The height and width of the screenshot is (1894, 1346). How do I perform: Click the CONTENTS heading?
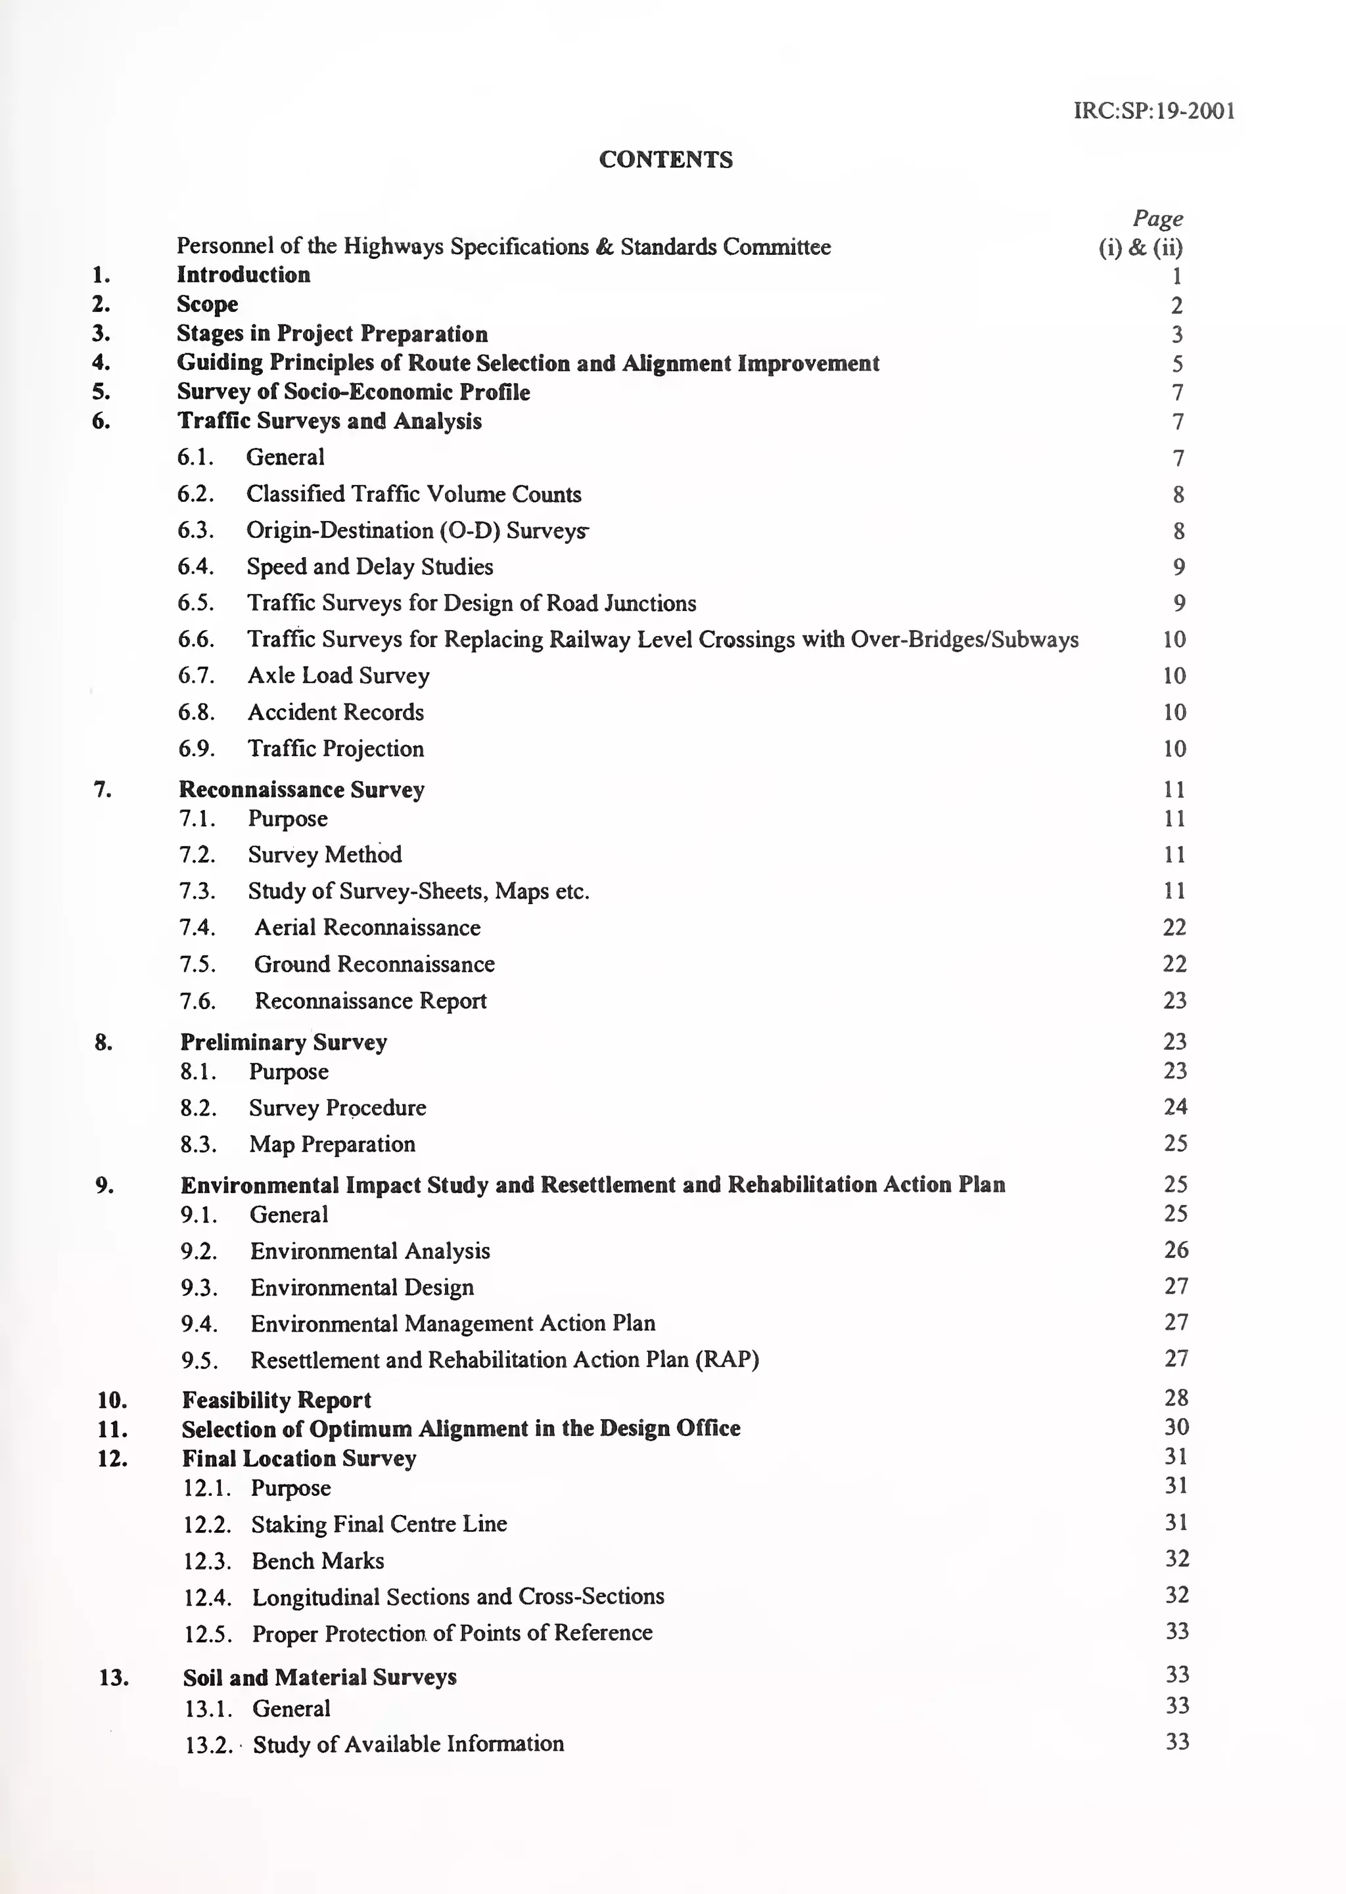point(666,160)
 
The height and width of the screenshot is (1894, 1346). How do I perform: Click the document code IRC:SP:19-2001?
point(1153,111)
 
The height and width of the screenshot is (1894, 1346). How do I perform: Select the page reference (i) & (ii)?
point(1140,247)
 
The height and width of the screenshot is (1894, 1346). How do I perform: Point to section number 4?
point(101,362)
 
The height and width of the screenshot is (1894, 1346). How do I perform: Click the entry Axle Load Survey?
point(338,675)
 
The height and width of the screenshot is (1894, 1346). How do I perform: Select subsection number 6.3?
point(196,530)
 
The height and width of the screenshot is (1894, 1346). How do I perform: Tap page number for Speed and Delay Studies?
point(1178,567)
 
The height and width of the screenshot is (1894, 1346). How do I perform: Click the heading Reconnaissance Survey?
point(302,790)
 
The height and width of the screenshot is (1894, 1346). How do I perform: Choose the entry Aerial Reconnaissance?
point(367,927)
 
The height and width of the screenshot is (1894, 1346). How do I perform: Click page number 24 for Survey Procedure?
point(1175,1107)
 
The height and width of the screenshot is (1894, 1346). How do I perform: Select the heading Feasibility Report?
point(276,1400)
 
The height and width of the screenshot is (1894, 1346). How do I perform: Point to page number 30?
point(1176,1427)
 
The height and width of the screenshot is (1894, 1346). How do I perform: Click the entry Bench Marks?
point(318,1561)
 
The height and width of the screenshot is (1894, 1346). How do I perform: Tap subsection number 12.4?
point(206,1598)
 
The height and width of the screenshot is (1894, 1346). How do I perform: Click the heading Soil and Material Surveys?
point(319,1677)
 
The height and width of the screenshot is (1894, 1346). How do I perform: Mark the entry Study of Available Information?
point(407,1744)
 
